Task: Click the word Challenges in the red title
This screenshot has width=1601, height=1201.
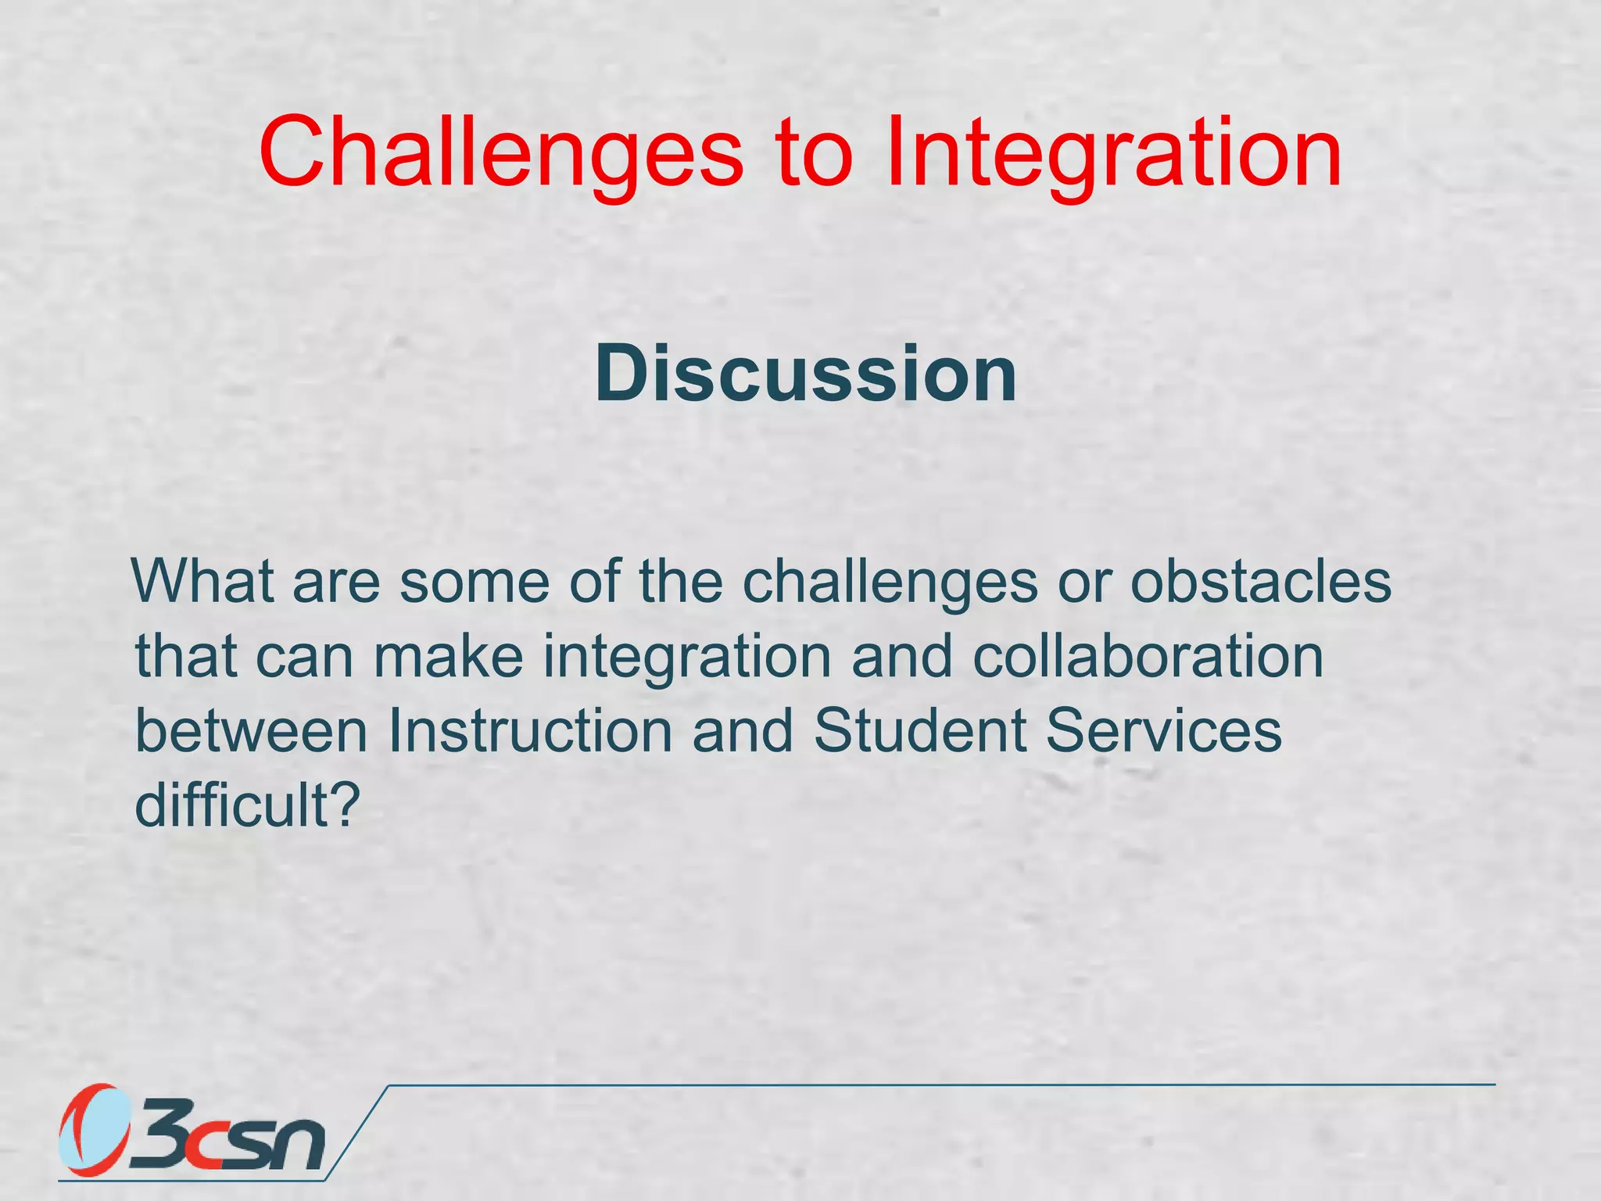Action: coord(500,152)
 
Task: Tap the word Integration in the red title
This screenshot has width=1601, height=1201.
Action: coord(1113,152)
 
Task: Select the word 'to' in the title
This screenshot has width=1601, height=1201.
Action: coord(813,152)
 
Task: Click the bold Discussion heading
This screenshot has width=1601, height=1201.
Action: coord(805,375)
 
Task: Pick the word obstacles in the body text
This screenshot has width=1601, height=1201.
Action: coord(1260,582)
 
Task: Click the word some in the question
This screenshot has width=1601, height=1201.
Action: coord(475,583)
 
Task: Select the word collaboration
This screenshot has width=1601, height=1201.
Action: coord(1148,657)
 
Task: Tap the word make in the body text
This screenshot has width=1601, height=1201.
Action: coord(448,657)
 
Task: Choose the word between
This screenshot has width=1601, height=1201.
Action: coord(251,731)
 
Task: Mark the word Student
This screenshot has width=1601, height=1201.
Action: coord(920,731)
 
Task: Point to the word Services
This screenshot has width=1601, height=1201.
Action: coord(1163,731)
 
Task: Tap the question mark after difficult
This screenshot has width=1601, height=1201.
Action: coord(344,805)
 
